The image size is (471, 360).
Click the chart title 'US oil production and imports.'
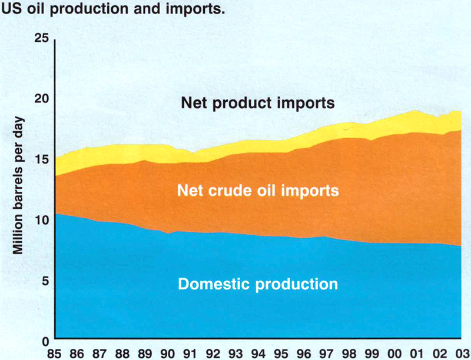tap(113, 9)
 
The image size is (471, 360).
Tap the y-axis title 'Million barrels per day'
tap(18, 185)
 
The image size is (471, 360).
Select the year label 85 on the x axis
tap(54, 354)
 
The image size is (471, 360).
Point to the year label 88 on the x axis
tap(122, 354)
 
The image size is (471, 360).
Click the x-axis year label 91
tap(190, 354)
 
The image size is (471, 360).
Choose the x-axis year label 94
tap(258, 354)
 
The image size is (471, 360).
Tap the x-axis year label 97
tap(326, 354)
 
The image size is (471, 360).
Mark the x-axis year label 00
tap(394, 354)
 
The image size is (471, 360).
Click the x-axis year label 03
tap(463, 354)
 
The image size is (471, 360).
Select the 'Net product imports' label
tap(258, 104)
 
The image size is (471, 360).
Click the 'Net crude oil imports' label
tap(258, 191)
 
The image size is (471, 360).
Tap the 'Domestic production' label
tap(258, 284)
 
